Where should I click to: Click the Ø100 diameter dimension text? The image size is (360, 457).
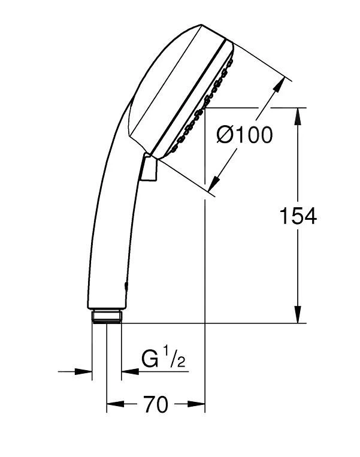[244, 135]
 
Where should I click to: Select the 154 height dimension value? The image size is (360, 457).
[298, 216]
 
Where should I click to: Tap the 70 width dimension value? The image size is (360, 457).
[155, 406]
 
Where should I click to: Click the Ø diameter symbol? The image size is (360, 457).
[225, 135]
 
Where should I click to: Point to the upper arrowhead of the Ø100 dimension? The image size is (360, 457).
[278, 87]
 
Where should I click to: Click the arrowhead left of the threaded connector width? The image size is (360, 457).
[85, 372]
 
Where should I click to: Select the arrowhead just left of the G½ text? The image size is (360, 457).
[128, 372]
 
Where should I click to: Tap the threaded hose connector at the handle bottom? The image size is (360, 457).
[107, 316]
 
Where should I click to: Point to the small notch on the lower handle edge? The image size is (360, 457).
[126, 286]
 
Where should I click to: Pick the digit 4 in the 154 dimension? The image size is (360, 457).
[310, 216]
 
